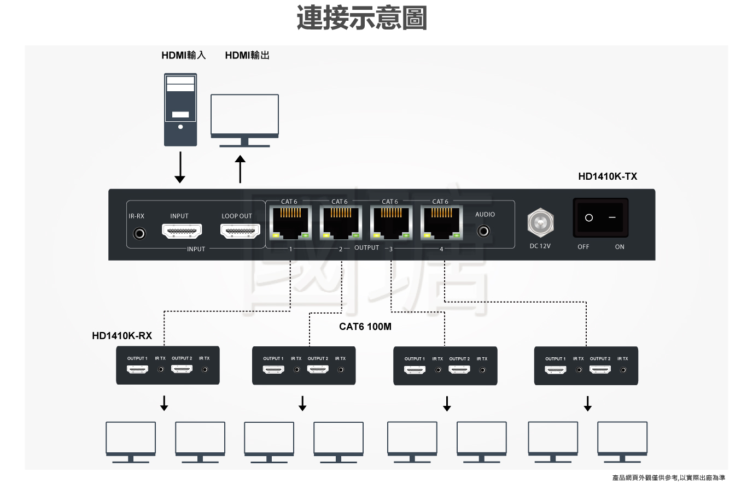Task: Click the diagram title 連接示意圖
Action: point(361,18)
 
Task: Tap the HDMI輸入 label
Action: point(183,55)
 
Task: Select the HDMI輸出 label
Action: point(247,55)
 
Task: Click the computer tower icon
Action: point(180,109)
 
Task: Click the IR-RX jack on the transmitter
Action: point(140,233)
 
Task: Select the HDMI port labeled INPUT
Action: point(182,231)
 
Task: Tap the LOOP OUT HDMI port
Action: point(240,231)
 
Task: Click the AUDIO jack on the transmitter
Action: point(483,231)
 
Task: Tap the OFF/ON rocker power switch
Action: point(600,217)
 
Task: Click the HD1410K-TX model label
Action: point(608,176)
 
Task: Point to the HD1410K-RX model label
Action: point(122,335)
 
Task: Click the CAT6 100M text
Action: point(365,327)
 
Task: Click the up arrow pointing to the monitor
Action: point(240,169)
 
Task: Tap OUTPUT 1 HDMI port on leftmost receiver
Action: point(137,369)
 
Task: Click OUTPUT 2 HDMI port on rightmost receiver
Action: point(600,369)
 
